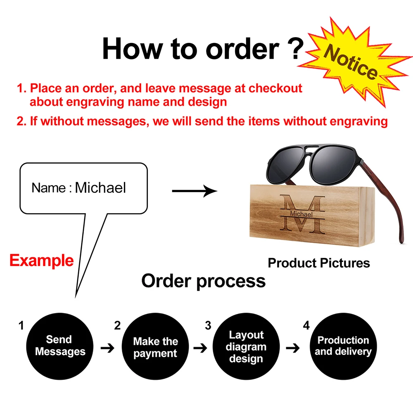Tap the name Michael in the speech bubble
100,188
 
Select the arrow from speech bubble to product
194,191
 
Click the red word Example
41,261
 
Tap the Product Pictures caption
319,263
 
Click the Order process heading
203,281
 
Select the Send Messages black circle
60,346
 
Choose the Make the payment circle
155,347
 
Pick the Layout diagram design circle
246,347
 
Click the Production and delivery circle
343,346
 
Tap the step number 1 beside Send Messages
21,325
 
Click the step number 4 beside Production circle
306,325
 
